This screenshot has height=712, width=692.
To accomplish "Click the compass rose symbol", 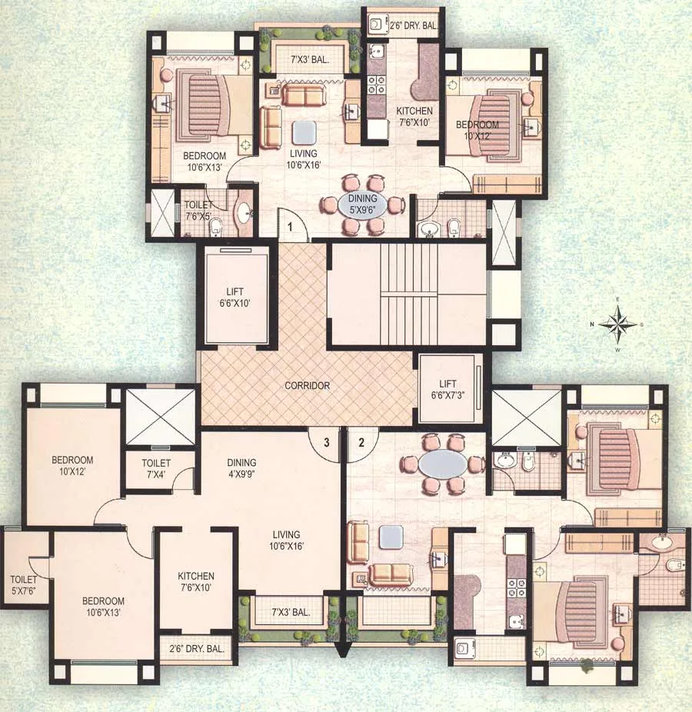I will click(x=618, y=324).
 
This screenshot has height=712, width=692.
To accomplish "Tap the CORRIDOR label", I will click(x=306, y=385).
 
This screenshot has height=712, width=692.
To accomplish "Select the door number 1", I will click(x=291, y=227).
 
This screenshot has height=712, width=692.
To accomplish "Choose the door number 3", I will click(x=326, y=442).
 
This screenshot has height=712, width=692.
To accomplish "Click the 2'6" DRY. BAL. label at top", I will click(x=415, y=24).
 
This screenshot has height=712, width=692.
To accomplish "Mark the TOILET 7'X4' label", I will click(x=156, y=469).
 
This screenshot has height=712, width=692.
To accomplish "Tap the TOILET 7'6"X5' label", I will click(x=200, y=211).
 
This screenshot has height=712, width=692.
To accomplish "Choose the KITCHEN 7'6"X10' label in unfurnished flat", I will click(x=196, y=582).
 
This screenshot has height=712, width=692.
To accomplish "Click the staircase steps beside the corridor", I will click(x=408, y=293).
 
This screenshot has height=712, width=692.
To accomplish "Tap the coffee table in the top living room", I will click(x=304, y=133).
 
